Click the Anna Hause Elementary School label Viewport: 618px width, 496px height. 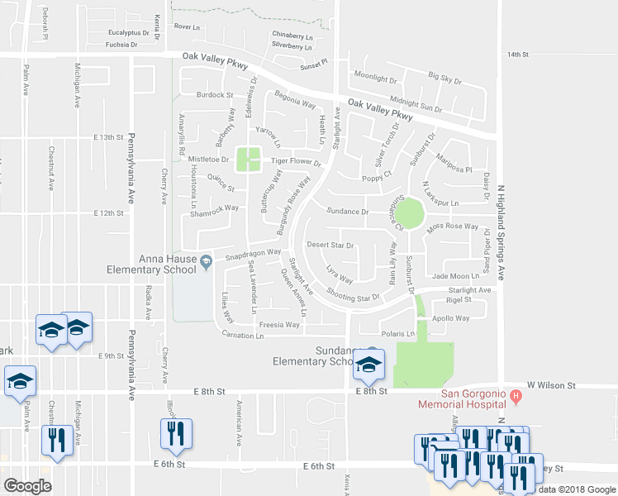pos(151,264)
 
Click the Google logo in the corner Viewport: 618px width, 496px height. pos(27,486)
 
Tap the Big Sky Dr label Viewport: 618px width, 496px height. pos(444,79)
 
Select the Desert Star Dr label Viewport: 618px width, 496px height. pos(330,246)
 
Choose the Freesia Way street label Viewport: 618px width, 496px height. pos(279,325)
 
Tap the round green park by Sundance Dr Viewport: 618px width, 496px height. pos(408,215)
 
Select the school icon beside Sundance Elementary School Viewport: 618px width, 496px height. pos(368,363)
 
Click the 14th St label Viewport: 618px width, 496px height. pos(517,54)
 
